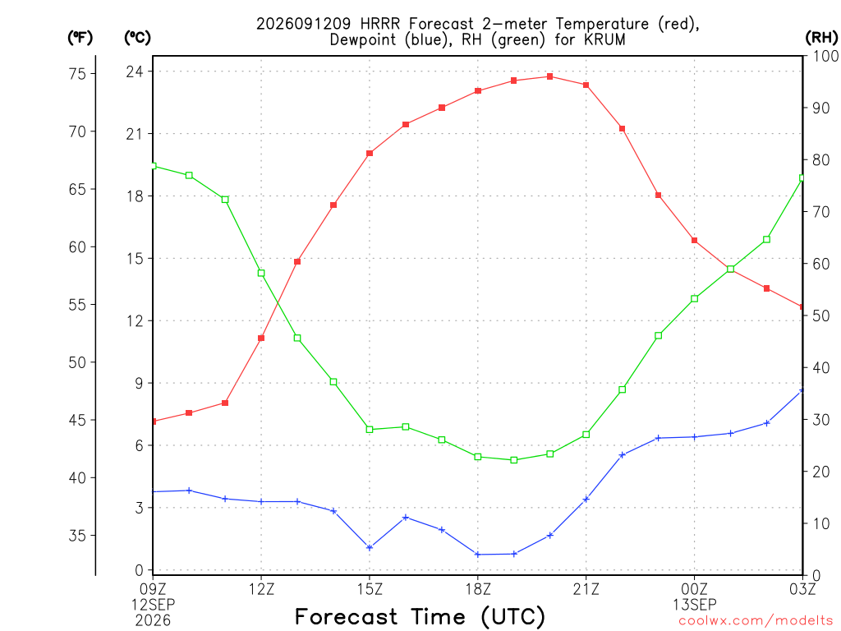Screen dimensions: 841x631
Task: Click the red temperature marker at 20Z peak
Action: (549, 76)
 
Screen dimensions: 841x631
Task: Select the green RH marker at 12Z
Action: (261, 273)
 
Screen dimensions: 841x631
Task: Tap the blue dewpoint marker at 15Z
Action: (370, 547)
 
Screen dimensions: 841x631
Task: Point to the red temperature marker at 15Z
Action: (370, 154)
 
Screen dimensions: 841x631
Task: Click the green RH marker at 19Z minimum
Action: (514, 460)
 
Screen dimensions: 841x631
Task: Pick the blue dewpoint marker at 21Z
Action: (586, 499)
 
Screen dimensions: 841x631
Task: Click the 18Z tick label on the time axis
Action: (478, 589)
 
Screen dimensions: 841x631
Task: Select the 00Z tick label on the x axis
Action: (695, 589)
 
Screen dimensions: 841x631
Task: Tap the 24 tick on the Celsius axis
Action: (136, 71)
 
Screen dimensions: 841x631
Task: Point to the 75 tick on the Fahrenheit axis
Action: (78, 73)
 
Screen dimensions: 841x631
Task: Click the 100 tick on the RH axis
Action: (825, 56)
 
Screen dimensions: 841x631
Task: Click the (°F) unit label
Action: (80, 38)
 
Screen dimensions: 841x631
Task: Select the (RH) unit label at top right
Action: (821, 38)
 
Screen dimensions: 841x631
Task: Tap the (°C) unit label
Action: (137, 38)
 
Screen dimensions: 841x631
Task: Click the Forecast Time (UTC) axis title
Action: (420, 617)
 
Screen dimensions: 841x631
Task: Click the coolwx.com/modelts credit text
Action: (756, 621)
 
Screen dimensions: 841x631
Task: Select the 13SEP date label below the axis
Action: (695, 605)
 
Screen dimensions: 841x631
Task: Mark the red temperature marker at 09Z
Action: (154, 421)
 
